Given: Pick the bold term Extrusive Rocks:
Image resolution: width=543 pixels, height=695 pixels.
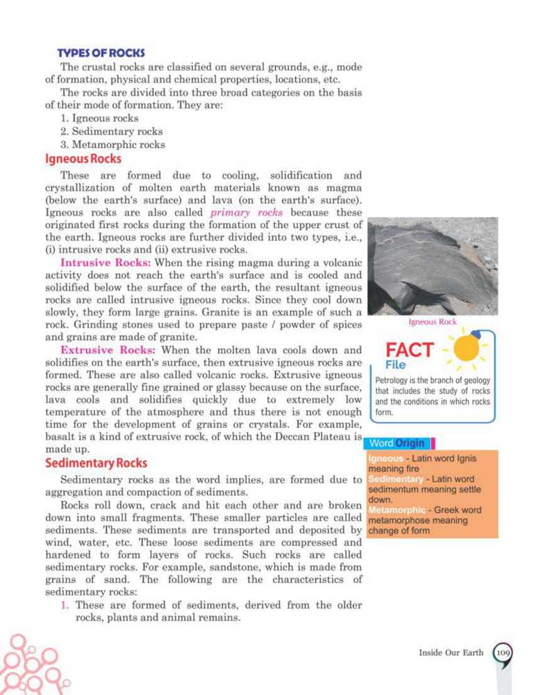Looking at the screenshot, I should pyautogui.click(x=106, y=350).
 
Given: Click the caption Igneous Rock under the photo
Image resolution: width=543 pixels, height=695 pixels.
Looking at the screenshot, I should pyautogui.click(x=433, y=322).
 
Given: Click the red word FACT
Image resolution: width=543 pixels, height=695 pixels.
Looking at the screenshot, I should pyautogui.click(x=410, y=349).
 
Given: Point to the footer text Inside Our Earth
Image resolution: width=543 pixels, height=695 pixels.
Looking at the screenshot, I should pyautogui.click(x=450, y=653).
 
